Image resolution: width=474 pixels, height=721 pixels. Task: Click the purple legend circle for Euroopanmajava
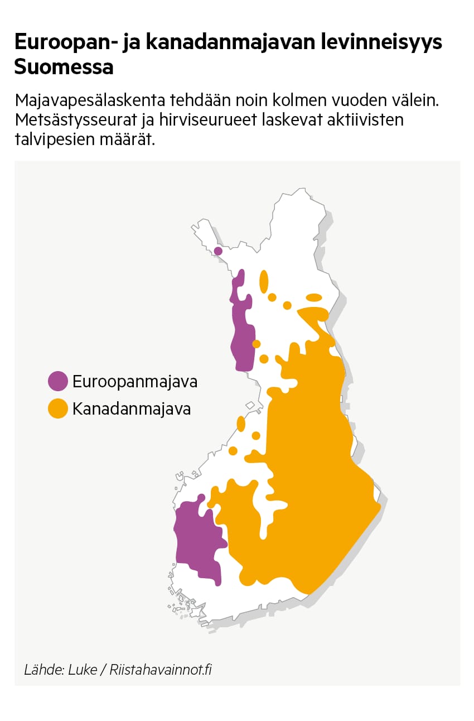pyautogui.click(x=57, y=382)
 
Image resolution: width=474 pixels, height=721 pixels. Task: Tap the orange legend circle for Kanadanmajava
pyautogui.click(x=57, y=408)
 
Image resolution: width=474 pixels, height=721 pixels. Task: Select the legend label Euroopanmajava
pyautogui.click(x=135, y=382)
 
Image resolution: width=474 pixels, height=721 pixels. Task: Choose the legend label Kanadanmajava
pyautogui.click(x=132, y=409)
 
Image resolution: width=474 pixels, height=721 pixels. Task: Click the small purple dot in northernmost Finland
pyautogui.click(x=218, y=251)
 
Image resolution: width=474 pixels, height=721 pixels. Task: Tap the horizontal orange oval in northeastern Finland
pyautogui.click(x=314, y=297)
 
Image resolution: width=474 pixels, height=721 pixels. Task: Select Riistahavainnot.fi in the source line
pyautogui.click(x=161, y=670)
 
